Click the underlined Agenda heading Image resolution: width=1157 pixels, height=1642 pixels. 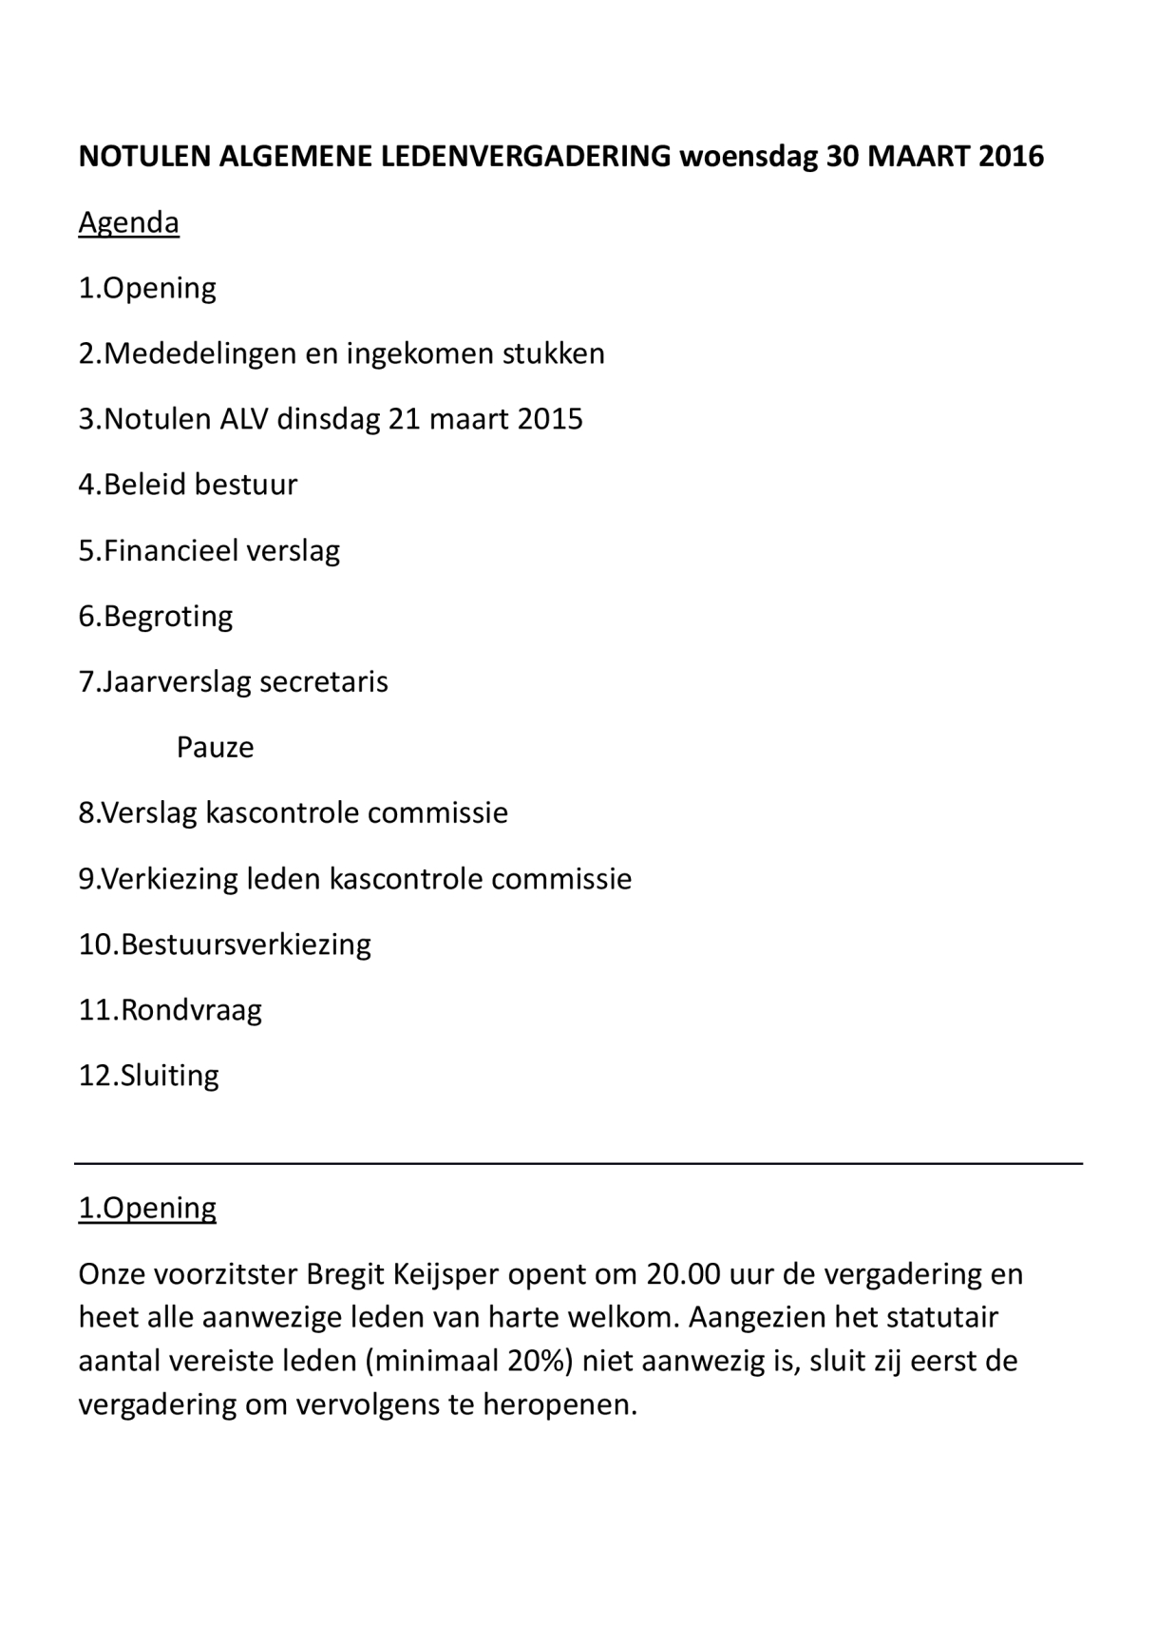point(128,222)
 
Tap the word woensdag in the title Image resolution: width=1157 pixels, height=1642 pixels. point(749,156)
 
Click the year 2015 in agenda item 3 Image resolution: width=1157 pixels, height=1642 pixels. point(550,419)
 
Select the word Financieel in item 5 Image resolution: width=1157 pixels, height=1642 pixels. point(170,550)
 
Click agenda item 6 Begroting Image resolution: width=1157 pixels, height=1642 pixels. point(156,616)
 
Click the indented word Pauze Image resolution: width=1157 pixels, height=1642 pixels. point(215,747)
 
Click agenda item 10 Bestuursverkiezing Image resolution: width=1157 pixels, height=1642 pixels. point(225,944)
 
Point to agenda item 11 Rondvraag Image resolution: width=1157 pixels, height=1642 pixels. point(170,1009)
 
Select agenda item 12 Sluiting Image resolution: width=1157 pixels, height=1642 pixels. point(149,1075)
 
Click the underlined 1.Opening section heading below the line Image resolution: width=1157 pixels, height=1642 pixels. point(147,1208)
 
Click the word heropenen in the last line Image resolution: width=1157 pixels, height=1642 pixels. point(560,1404)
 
